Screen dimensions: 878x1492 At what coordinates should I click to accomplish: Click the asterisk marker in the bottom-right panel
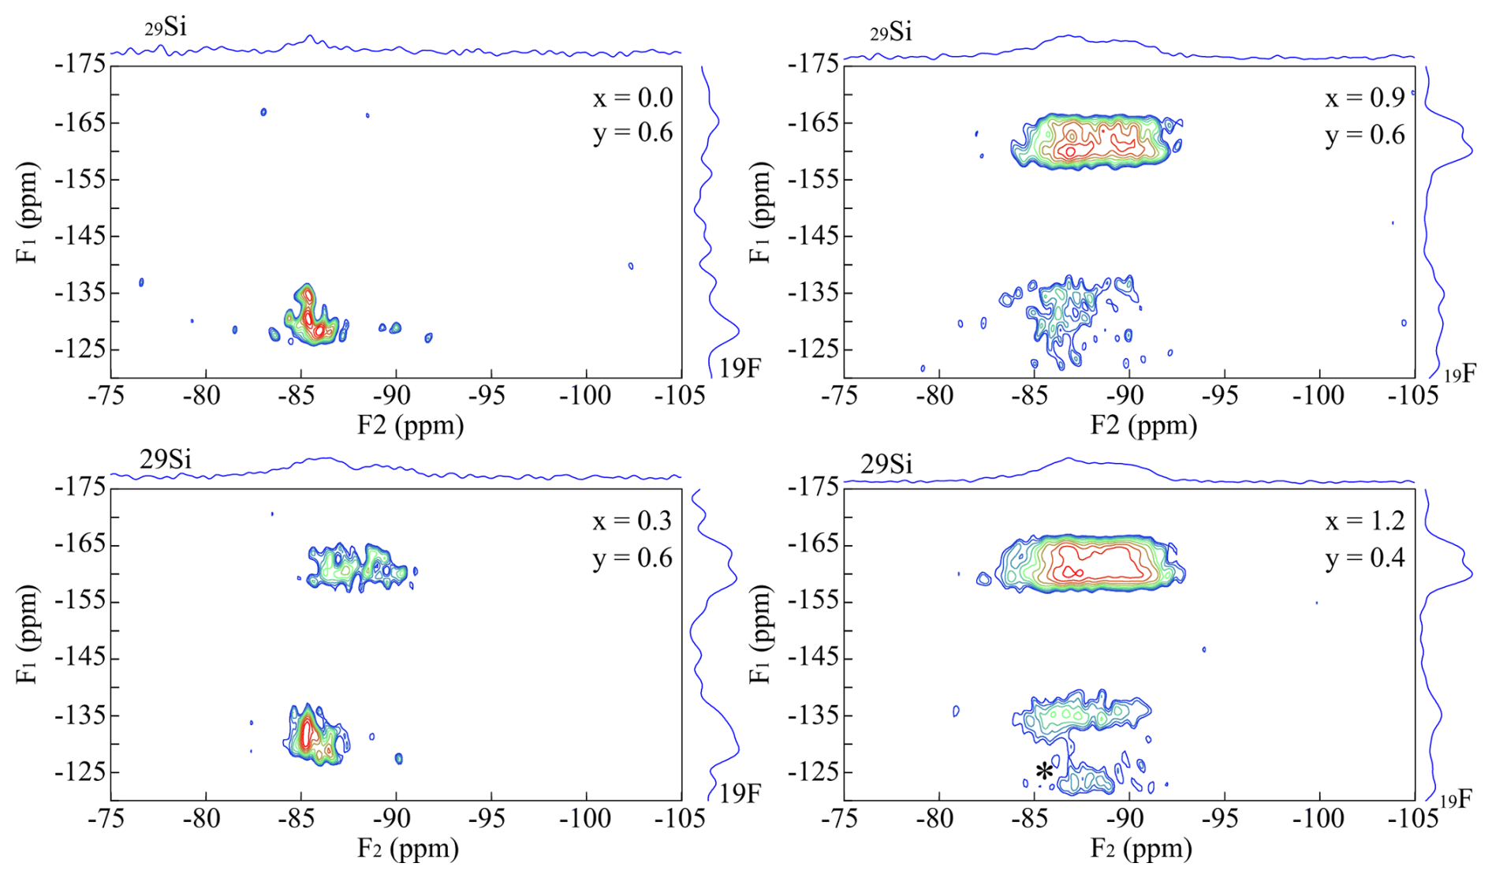coord(1044,772)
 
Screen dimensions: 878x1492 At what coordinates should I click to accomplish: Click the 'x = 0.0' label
coord(632,98)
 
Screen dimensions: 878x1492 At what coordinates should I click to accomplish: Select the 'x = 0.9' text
coord(1364,98)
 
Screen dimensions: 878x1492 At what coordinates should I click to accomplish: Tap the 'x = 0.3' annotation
coord(632,521)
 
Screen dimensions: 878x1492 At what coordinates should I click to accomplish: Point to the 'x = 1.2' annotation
coord(1364,521)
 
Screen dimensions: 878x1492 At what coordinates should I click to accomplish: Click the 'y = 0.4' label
coord(1364,559)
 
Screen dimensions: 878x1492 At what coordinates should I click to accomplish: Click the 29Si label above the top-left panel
coord(166,28)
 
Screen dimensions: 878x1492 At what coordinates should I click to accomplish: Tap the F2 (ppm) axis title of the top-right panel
coord(1143,425)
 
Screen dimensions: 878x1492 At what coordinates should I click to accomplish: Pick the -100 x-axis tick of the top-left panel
coord(585,395)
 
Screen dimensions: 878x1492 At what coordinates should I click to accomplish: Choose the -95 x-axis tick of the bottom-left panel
coord(490,819)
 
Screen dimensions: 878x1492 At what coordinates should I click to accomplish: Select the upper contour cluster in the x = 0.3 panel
coord(359,566)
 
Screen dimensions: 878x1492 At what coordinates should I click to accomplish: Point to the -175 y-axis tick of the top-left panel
coord(80,64)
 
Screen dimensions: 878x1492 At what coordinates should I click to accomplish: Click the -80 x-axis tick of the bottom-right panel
coord(937,819)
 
